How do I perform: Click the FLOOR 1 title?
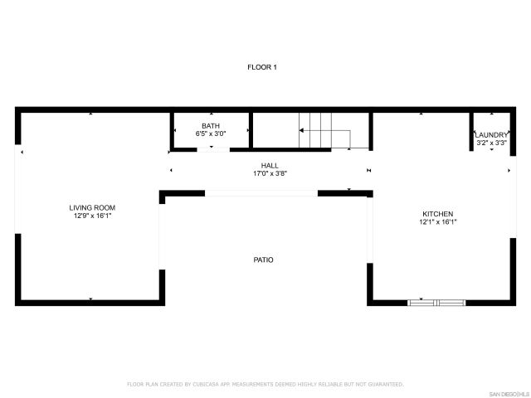pyautogui.click(x=262, y=66)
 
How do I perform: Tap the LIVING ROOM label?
pyautogui.click(x=92, y=207)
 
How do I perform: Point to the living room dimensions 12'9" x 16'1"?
pyautogui.click(x=92, y=216)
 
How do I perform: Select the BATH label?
pyautogui.click(x=211, y=125)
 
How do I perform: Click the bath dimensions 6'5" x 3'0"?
pyautogui.click(x=211, y=133)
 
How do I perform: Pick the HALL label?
pyautogui.click(x=270, y=166)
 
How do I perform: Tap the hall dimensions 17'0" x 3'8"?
pyautogui.click(x=270, y=174)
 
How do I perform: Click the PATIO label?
pyautogui.click(x=263, y=260)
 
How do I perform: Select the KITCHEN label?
pyautogui.click(x=437, y=213)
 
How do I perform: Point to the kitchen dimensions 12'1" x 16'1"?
pyautogui.click(x=437, y=221)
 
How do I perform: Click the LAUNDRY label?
pyautogui.click(x=491, y=134)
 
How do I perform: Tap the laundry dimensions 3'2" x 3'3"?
pyautogui.click(x=491, y=143)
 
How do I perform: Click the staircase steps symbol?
pyautogui.click(x=315, y=129)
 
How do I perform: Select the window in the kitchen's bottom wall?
pyautogui.click(x=436, y=303)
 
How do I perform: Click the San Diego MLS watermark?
pyautogui.click(x=507, y=393)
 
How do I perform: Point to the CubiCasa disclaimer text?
pyautogui.click(x=265, y=384)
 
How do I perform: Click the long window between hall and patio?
pyautogui.click(x=261, y=193)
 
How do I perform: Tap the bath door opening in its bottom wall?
pyautogui.click(x=212, y=149)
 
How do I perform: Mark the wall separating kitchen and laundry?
pyautogui.click(x=471, y=131)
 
